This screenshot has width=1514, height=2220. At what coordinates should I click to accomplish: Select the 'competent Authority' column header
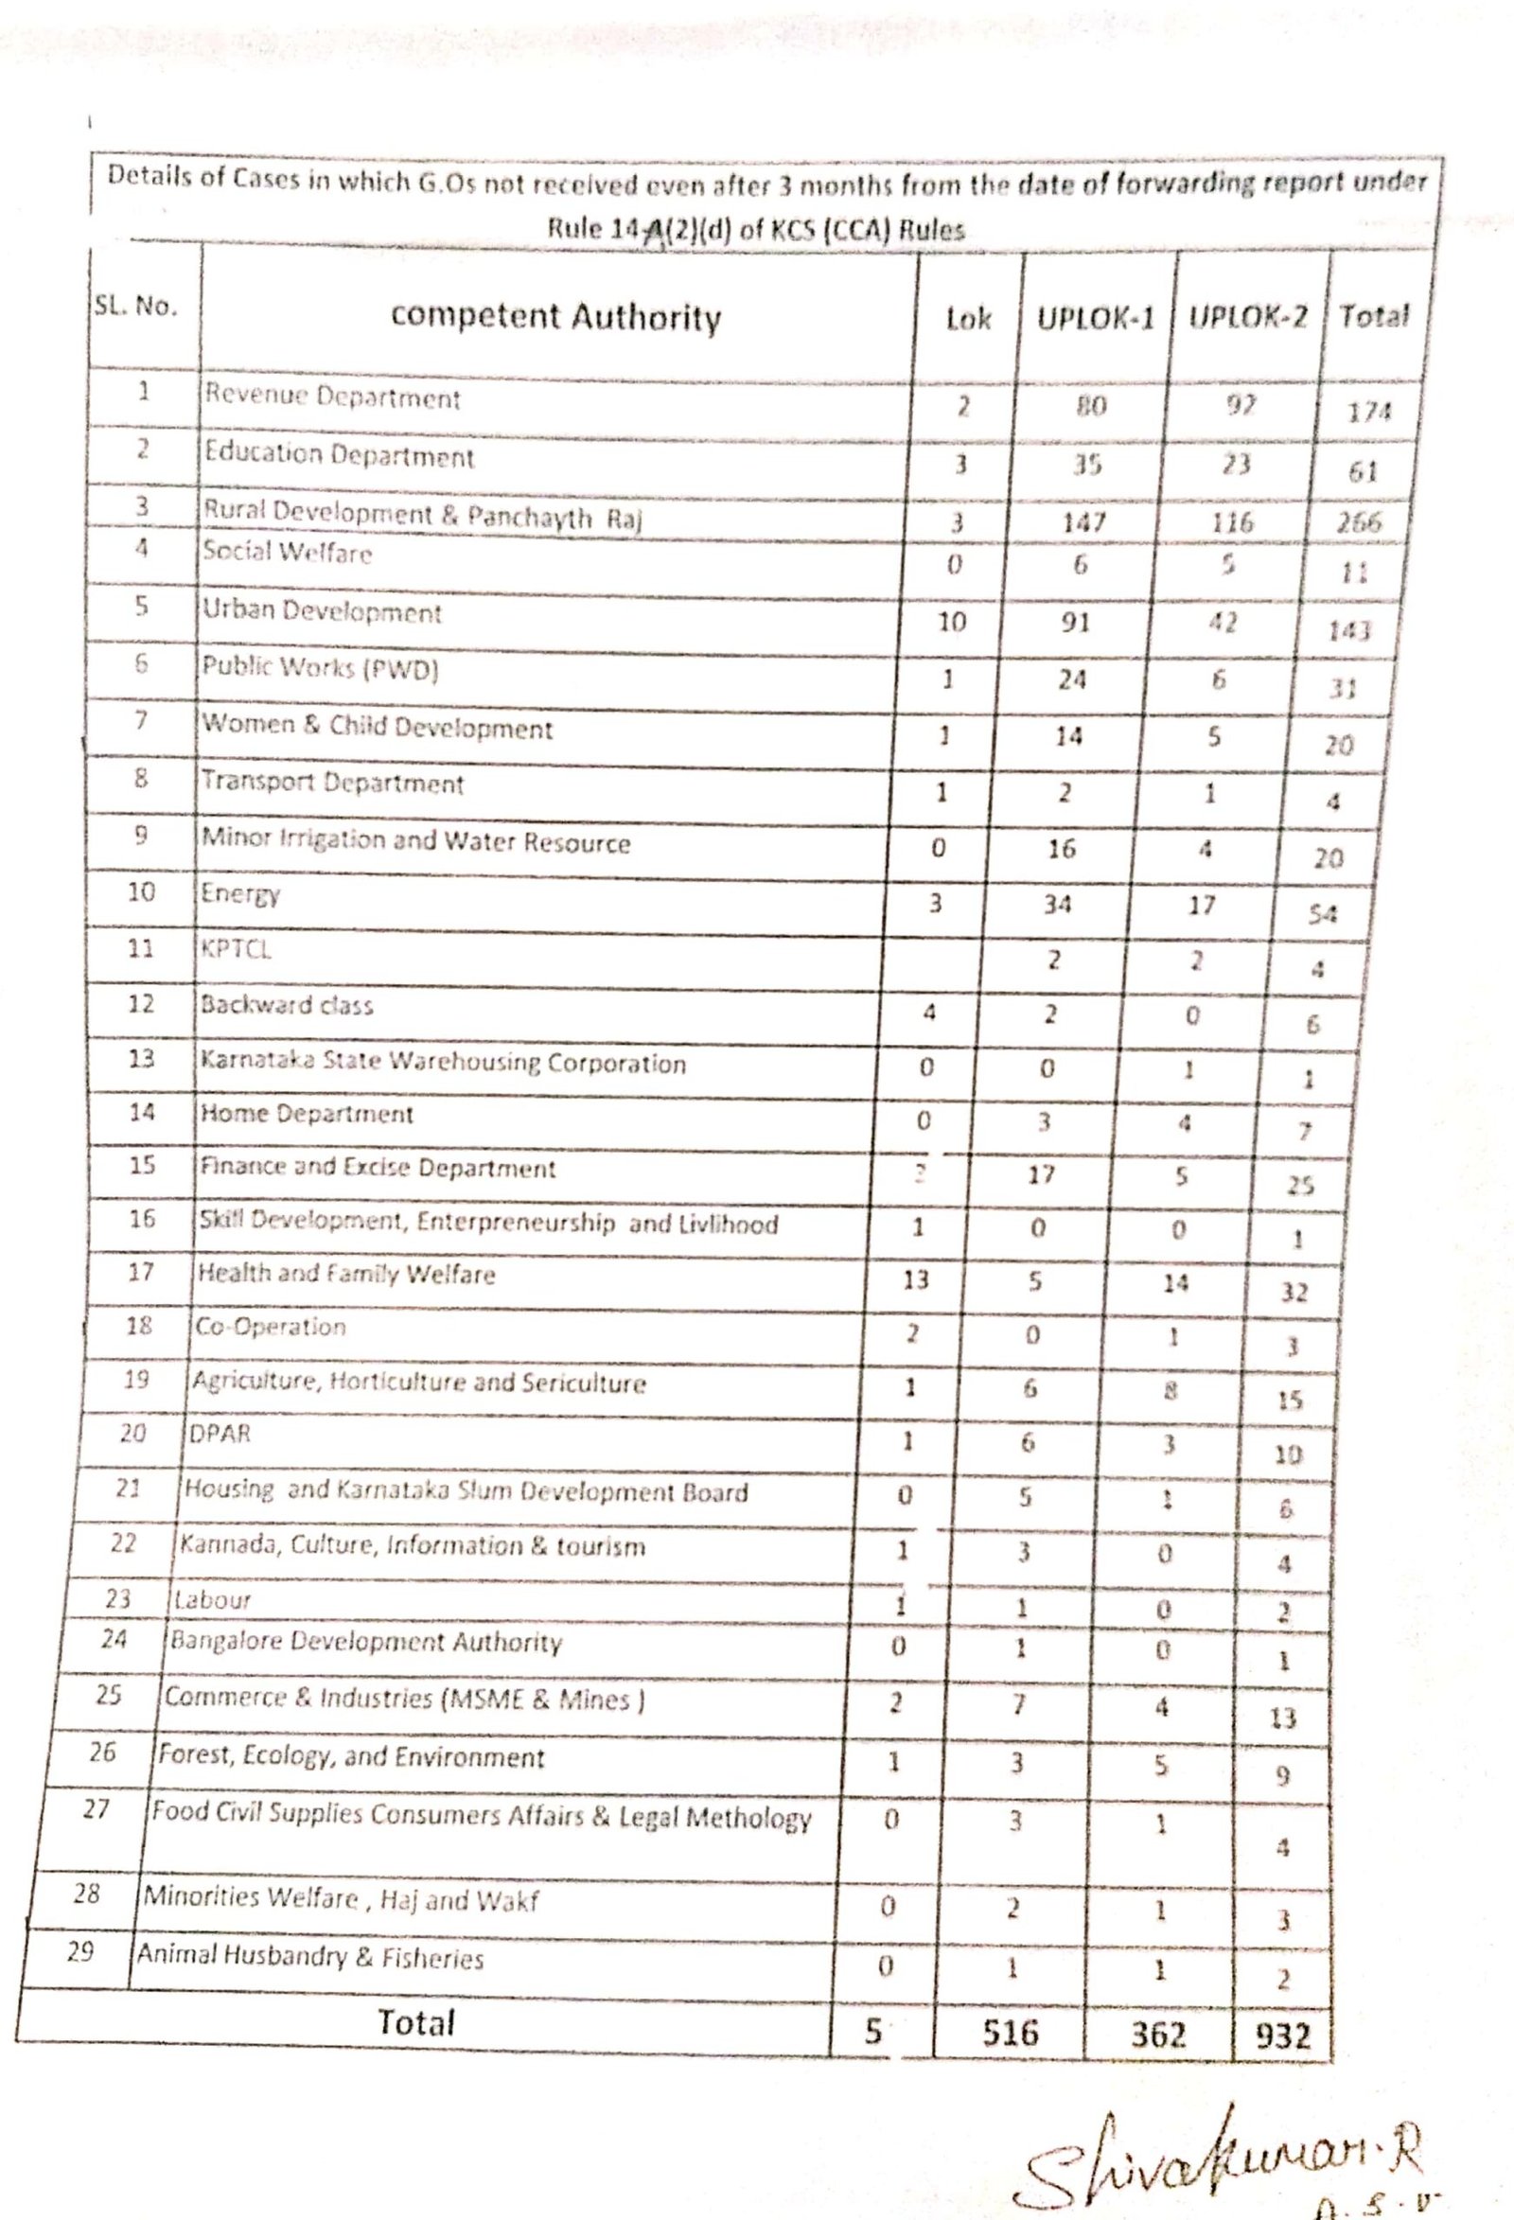coord(556,316)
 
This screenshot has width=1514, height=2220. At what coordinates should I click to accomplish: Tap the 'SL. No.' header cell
coord(135,307)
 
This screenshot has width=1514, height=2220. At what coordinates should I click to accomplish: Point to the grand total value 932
coord(1282,2036)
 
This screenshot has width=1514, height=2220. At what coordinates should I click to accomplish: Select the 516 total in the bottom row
coord(1010,2032)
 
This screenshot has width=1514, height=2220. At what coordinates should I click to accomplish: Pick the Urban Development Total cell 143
coord(1348,630)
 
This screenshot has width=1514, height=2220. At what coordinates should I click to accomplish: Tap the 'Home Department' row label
coord(306,1114)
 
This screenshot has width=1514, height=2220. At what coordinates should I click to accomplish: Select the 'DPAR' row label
coord(220,1434)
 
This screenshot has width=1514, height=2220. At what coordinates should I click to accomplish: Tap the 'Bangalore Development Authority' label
coord(366,1642)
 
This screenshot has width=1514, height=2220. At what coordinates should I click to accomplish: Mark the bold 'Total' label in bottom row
coord(415,2023)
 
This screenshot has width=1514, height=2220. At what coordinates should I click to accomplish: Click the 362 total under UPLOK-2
coord(1157,2035)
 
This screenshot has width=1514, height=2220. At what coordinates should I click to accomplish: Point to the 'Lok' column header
coord(969,318)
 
